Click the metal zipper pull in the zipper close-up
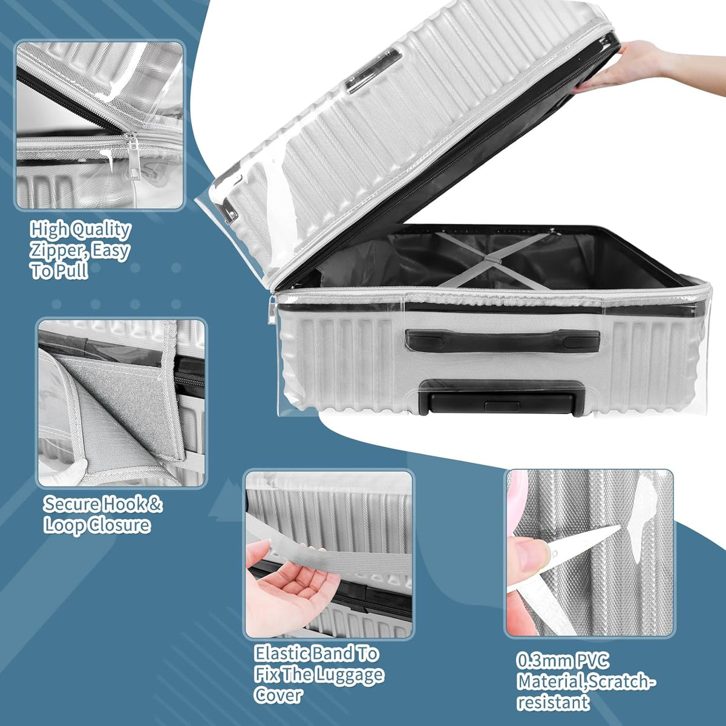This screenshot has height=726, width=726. pos(134,154)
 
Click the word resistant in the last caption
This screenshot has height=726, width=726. pos(553,702)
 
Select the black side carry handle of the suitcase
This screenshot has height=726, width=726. pos(502,341)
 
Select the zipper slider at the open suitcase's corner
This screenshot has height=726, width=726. pos(272,309)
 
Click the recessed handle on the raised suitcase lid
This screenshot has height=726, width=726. pos(374,70)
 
